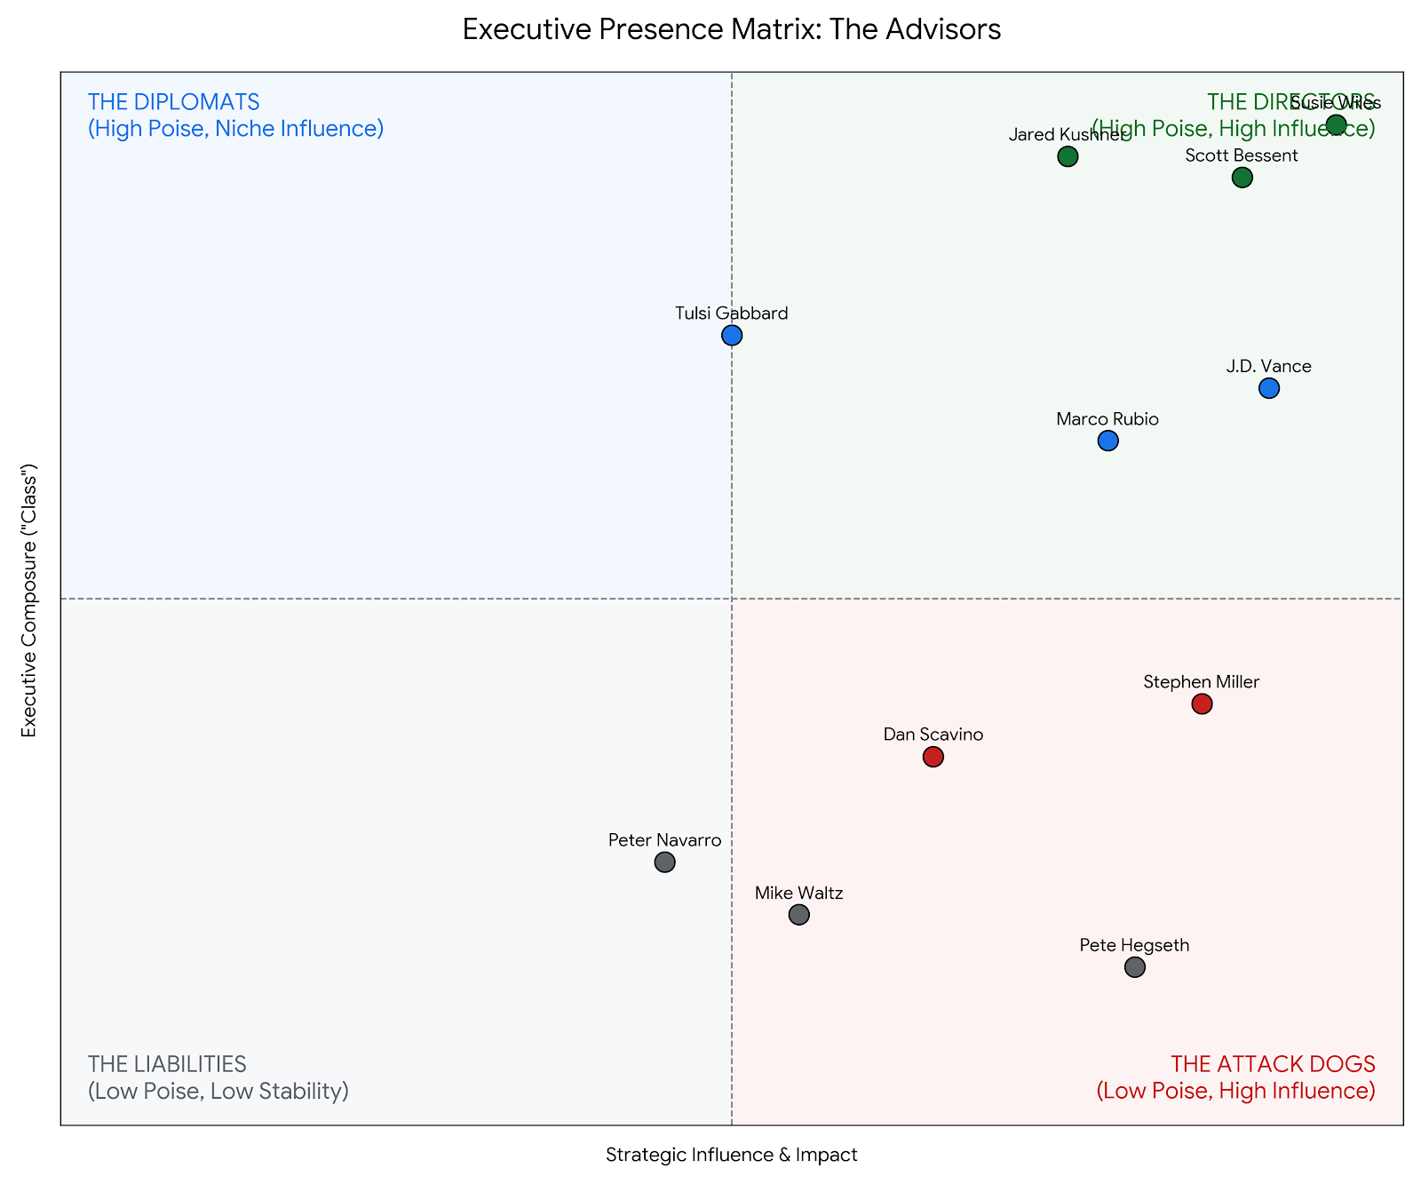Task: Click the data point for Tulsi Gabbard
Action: click(x=732, y=336)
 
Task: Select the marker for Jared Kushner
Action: click(x=1068, y=157)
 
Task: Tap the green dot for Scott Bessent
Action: click(x=1242, y=178)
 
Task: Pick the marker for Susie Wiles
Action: click(x=1337, y=124)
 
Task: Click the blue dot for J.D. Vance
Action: click(x=1269, y=388)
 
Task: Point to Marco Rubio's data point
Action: click(x=1107, y=441)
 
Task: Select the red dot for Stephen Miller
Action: click(x=1202, y=704)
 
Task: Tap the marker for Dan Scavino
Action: click(x=933, y=757)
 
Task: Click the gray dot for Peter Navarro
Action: click(x=664, y=862)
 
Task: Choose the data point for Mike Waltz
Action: click(x=799, y=915)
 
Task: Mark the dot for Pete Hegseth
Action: click(x=1135, y=967)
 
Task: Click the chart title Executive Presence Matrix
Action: click(x=732, y=30)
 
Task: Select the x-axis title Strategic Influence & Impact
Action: click(x=732, y=1155)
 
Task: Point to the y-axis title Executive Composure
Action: click(x=29, y=600)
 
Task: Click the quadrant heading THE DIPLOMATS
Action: click(x=173, y=102)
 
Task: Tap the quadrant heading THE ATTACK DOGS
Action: click(x=1273, y=1064)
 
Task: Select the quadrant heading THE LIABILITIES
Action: click(x=167, y=1064)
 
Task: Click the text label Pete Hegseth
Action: click(x=1134, y=945)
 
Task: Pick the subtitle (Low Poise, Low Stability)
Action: click(x=218, y=1091)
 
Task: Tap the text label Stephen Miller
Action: click(x=1201, y=682)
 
